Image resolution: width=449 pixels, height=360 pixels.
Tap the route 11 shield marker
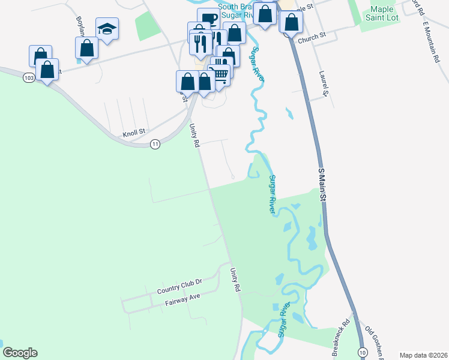(x=155, y=144)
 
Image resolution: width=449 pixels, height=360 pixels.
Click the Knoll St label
(x=134, y=131)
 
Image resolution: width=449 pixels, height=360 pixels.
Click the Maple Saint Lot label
(x=382, y=14)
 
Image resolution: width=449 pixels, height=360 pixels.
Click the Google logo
(x=20, y=353)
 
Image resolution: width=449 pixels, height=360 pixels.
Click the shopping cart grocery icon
(x=220, y=74)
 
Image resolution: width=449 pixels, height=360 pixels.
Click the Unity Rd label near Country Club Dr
(x=235, y=280)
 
